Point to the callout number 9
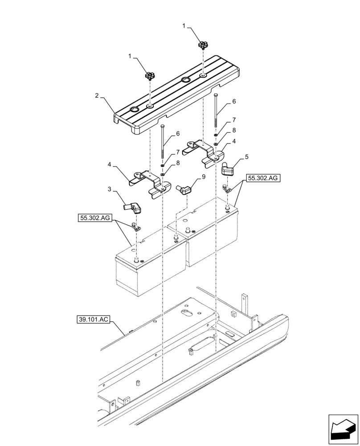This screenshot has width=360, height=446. tap(204, 177)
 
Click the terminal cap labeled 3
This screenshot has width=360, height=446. tap(132, 207)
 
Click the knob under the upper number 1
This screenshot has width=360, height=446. tap(204, 45)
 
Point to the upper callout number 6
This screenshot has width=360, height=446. tap(234, 102)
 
